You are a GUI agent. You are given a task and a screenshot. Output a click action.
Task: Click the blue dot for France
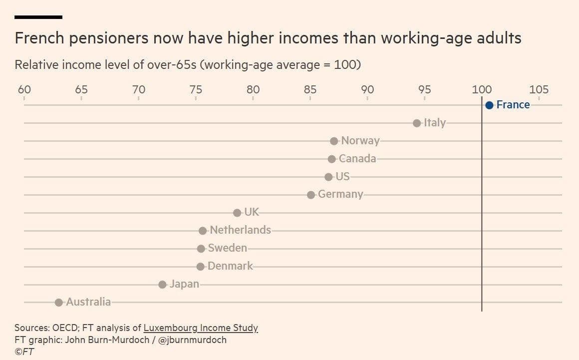489,105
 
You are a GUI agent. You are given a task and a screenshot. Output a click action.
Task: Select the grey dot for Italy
417,123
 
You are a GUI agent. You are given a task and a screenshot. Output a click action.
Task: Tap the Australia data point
59,302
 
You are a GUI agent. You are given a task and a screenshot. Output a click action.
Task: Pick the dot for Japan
162,285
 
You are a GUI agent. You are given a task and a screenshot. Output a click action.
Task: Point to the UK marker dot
237,213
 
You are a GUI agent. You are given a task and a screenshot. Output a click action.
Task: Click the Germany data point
311,195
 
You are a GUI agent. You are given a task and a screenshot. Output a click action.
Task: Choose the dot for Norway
334,141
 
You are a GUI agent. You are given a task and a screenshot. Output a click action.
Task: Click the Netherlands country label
240,230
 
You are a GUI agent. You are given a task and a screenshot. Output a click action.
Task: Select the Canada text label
357,159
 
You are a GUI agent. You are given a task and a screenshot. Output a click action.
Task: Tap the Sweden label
227,248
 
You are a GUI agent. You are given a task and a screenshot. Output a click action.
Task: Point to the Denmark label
230,266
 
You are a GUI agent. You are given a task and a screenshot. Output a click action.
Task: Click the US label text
342,177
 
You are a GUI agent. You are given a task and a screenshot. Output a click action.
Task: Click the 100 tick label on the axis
482,90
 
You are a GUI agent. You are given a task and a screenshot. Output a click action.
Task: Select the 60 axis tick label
24,90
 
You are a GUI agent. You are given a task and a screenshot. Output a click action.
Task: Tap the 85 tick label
310,90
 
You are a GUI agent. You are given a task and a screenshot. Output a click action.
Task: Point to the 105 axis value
539,90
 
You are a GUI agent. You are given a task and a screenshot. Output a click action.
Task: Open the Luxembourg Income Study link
201,328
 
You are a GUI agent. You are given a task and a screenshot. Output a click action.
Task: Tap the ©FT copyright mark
24,352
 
